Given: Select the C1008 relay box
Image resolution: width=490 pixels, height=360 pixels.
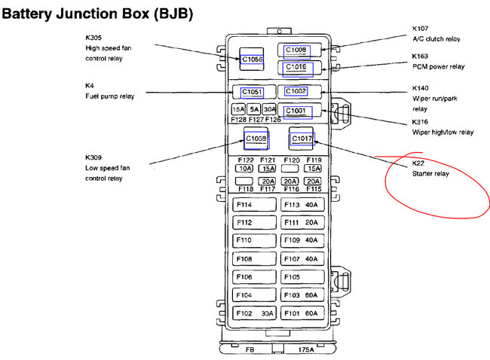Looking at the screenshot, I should (x=296, y=50).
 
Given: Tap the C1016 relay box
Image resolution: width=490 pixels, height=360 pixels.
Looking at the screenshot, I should (x=296, y=68).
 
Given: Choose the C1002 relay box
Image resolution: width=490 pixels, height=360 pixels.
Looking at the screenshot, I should (x=296, y=92).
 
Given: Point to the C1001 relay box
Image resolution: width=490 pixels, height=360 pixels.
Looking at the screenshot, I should (x=296, y=111).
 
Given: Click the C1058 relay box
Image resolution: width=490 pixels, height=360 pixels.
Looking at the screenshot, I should (x=256, y=139).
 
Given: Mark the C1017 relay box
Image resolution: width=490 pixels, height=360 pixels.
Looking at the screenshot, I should (x=302, y=139).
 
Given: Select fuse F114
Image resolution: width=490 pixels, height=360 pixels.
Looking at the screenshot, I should (x=254, y=205).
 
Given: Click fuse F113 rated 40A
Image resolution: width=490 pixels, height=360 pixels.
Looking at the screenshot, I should (x=302, y=205).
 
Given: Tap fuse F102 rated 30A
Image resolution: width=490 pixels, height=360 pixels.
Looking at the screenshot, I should (x=254, y=313).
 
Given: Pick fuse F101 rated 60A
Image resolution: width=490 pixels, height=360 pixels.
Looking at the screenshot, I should (x=302, y=313).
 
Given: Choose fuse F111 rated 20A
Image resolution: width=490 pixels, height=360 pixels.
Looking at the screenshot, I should (x=302, y=223).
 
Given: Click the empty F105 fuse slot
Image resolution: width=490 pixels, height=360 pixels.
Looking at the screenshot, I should (x=302, y=276).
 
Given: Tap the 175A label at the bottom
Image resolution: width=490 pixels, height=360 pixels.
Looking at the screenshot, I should (x=306, y=349).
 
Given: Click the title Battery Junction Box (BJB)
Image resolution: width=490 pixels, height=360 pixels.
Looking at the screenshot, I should (x=97, y=13).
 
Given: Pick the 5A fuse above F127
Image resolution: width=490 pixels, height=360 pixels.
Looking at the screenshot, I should (x=255, y=109).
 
